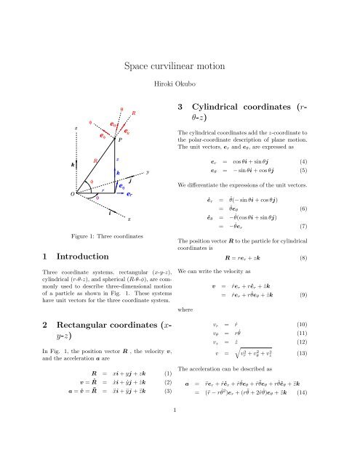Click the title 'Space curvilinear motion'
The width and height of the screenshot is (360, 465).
tap(180, 67)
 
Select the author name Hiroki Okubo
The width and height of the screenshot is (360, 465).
tap(180, 85)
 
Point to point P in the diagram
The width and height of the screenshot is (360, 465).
tap(121, 140)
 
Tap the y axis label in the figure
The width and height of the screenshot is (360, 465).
tap(148, 173)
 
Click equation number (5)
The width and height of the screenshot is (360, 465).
tap(338, 171)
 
